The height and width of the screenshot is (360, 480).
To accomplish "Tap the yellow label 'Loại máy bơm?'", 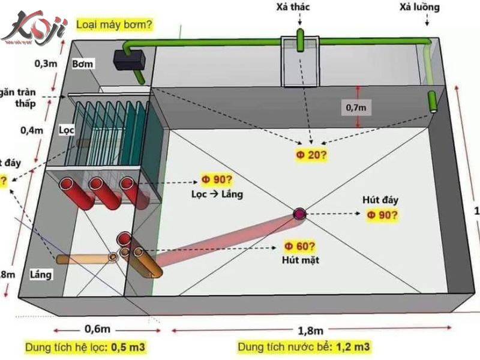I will [x=114, y=25].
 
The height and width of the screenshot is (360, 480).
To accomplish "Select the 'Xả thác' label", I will [x=302, y=8].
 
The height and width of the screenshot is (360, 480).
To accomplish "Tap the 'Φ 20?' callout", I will [x=311, y=155].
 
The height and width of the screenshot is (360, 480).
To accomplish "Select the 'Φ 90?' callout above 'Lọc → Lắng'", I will [x=217, y=181].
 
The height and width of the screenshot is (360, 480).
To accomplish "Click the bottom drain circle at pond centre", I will [x=299, y=214].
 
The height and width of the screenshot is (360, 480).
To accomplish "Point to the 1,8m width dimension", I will [x=312, y=331].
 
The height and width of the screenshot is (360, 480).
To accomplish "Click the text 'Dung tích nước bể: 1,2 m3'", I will [x=304, y=347].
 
